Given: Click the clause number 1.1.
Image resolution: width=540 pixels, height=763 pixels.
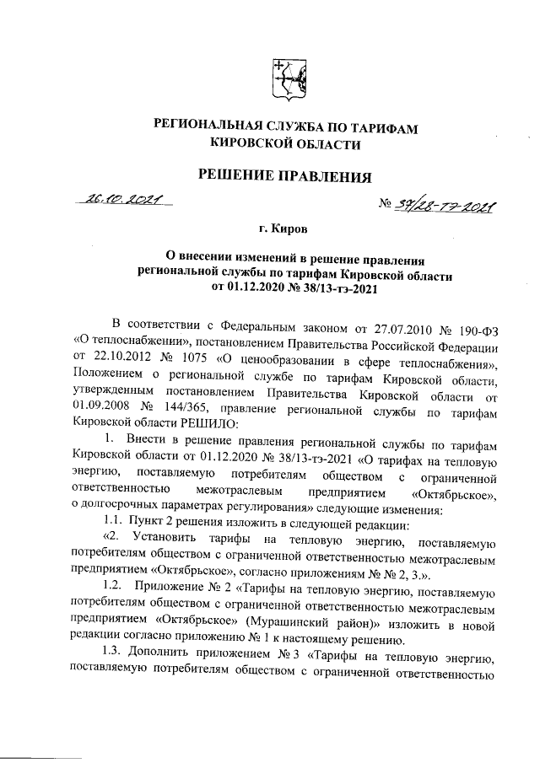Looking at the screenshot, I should [x=111, y=521].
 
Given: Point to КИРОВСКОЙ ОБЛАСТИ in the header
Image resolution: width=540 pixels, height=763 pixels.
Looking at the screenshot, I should [x=285, y=144].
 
